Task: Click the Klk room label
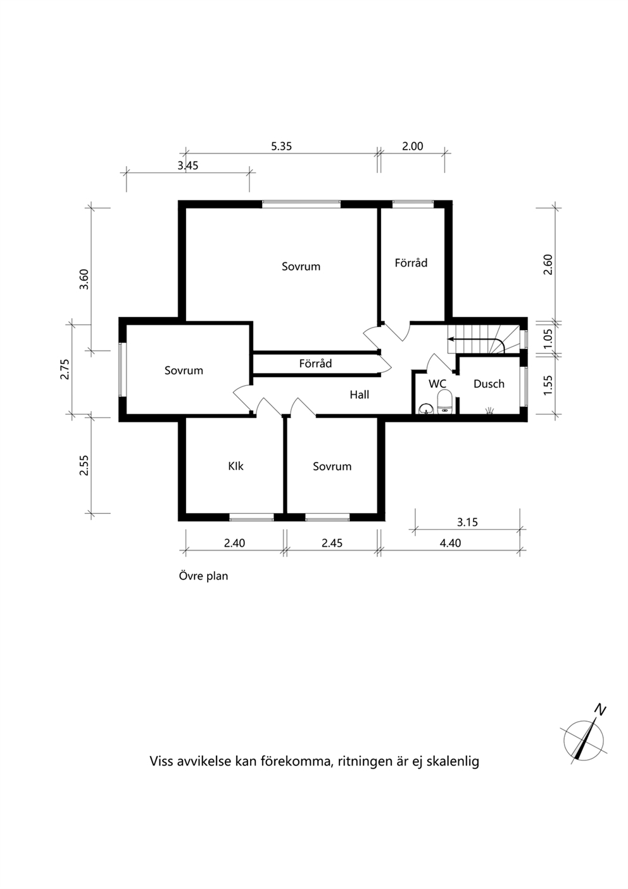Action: [x=235, y=466]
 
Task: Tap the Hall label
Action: [x=359, y=395]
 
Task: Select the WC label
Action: [x=437, y=384]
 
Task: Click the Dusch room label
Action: [x=489, y=384]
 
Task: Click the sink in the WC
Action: [x=426, y=409]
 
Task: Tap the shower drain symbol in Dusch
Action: [x=490, y=411]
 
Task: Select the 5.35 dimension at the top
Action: [x=281, y=146]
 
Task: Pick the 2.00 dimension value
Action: [x=413, y=146]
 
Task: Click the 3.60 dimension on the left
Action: [x=84, y=279]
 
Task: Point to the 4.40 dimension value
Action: [x=450, y=543]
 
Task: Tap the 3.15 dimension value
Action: [x=467, y=522]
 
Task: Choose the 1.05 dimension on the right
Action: [x=548, y=339]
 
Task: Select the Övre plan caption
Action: [x=203, y=576]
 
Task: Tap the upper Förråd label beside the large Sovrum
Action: [x=411, y=263]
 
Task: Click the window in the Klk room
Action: [x=251, y=517]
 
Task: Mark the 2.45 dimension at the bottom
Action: [x=332, y=543]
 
